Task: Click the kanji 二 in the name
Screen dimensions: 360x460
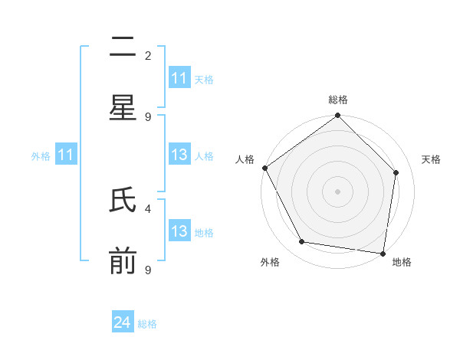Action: tap(123, 48)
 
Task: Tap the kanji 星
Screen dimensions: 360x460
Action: tap(123, 108)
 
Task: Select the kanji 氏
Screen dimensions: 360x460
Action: tap(123, 201)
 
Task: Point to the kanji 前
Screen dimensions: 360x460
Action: tap(123, 262)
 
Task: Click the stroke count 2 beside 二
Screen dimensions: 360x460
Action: tap(148, 55)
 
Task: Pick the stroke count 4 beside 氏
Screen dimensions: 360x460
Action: tap(148, 208)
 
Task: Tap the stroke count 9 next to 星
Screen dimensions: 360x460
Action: tap(148, 116)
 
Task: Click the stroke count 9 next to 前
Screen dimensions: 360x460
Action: tap(148, 269)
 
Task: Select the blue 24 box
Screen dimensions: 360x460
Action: tap(123, 322)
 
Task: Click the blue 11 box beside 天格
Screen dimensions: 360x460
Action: tap(179, 78)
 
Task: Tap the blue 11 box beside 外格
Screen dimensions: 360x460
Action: tap(66, 155)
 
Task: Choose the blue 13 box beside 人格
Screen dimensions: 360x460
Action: tap(179, 155)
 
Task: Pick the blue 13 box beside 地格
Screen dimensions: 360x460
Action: tap(179, 231)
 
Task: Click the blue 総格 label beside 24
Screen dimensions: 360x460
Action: tap(147, 324)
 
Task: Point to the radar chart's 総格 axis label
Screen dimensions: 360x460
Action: tap(338, 100)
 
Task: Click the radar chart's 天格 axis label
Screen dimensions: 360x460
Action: tap(431, 159)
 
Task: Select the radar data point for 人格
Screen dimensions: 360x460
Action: tap(265, 168)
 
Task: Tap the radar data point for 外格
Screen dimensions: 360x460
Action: tap(302, 242)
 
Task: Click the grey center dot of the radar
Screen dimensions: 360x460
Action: tap(338, 191)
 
